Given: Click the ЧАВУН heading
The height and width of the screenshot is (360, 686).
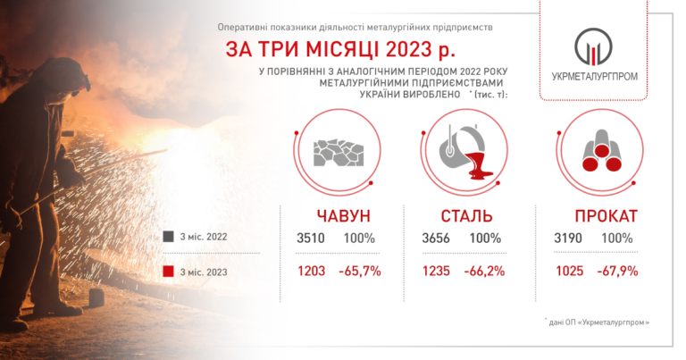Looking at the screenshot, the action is coord(343,216).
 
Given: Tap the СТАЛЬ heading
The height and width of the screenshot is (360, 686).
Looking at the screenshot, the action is coord(466,216).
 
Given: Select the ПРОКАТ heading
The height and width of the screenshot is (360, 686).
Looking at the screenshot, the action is coord(606,216).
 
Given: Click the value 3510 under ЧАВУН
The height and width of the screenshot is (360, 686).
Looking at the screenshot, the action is coord(311,239).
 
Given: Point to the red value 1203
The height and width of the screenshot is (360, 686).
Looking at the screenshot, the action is coord(311,272).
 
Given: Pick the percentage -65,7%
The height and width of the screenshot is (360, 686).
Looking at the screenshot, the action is coord(360,272).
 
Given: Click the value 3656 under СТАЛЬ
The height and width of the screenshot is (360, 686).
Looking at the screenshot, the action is coord(436,239).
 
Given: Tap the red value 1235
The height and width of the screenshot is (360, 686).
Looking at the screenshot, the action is coord(436,272).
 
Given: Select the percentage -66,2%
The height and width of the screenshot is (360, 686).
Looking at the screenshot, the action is coord(484,272).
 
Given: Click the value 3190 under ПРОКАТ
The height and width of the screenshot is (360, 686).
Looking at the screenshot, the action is coord(568,239).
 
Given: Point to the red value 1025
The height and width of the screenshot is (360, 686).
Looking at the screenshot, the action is coord(569,272).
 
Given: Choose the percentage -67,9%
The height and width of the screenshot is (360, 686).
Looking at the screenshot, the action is coord(617,272).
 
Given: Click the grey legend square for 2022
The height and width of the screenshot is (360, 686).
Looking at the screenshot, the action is coord(169,237).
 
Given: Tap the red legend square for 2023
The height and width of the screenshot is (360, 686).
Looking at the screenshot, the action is coord(169,272).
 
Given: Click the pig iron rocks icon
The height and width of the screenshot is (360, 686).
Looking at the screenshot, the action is coord(339,153).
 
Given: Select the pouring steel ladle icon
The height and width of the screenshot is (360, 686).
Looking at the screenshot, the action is coord(466,152).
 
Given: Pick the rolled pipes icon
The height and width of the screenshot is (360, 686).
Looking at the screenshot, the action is coord(602,150).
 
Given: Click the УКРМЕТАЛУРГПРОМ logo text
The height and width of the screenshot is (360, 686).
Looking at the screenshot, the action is coord(594,77).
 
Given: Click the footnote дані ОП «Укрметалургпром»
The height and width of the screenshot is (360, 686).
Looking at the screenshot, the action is coord(598,322).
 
